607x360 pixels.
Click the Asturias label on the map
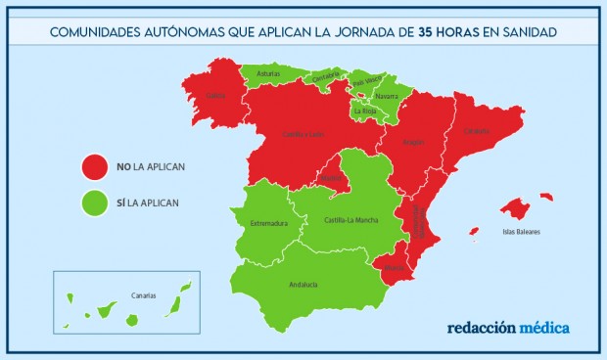pyautogui.click(x=268, y=73)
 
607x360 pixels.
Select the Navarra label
pyautogui.click(x=386, y=97)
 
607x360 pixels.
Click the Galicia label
pyautogui.click(x=216, y=96)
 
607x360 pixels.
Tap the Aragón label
pyautogui.click(x=413, y=143)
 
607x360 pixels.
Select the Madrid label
pyautogui.click(x=331, y=178)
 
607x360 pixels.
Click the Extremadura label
pyautogui.click(x=268, y=223)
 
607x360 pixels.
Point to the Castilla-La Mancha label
pyautogui.click(x=351, y=220)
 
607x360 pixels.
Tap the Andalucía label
pyautogui.click(x=303, y=285)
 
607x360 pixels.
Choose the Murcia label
pyautogui.click(x=394, y=267)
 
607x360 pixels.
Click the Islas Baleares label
pyautogui.click(x=521, y=232)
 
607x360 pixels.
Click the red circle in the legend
pyautogui.click(x=94, y=166)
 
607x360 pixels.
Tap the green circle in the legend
pyautogui.click(x=94, y=203)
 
